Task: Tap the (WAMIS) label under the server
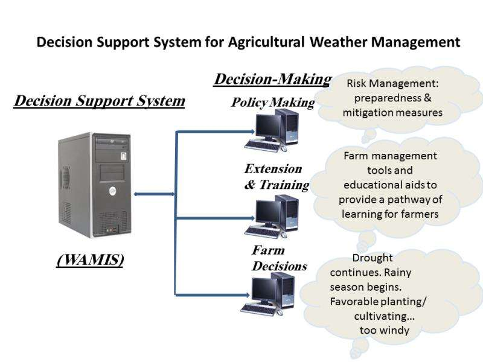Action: pyautogui.click(x=90, y=260)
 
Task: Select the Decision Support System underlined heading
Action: pyautogui.click(x=99, y=100)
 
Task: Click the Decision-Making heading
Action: pyautogui.click(x=272, y=79)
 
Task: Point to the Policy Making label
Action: pyautogui.click(x=273, y=103)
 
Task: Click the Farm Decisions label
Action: pyautogui.click(x=278, y=258)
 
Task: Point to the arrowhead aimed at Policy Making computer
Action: pyautogui.click(x=247, y=130)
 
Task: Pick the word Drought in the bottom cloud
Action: pyautogui.click(x=373, y=258)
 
